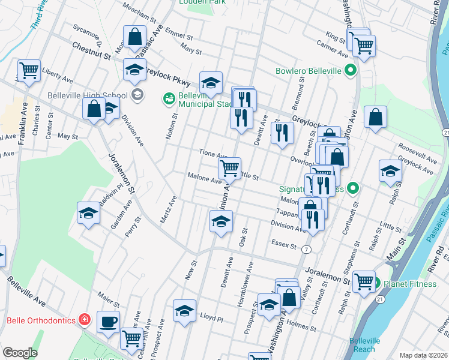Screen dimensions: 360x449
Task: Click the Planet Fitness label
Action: [x=412, y=283]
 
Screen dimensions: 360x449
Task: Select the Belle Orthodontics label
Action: [x=40, y=320]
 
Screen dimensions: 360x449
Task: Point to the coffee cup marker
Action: [x=108, y=322]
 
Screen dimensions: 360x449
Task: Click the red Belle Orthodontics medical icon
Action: [x=85, y=319]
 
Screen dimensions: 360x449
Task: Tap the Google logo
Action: [x=20, y=353]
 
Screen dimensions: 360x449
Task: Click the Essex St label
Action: [x=284, y=246]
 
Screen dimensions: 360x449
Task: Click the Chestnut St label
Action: [x=91, y=50]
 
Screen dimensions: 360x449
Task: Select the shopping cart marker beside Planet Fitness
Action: [x=364, y=281]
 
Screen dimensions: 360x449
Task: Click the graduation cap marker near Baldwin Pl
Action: [x=88, y=213]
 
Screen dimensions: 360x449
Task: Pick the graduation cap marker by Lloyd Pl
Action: [x=184, y=311]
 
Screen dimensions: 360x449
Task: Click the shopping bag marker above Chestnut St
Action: [x=135, y=37]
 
